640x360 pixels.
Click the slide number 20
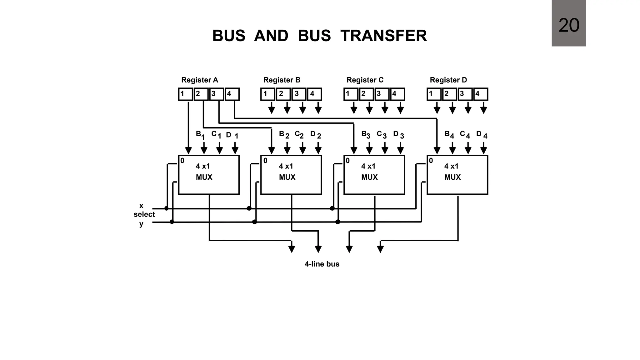[569, 25]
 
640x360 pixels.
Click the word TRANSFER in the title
[383, 36]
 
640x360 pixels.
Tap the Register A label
[200, 80]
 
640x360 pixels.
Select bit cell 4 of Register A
[232, 94]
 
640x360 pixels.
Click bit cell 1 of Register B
[267, 94]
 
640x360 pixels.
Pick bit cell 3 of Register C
[381, 94]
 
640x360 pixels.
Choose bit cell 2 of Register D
[449, 94]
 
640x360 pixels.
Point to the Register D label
[448, 80]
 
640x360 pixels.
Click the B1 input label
[200, 135]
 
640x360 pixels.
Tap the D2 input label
[315, 135]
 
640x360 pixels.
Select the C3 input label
[382, 135]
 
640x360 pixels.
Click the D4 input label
[482, 135]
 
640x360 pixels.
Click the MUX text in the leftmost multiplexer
[204, 177]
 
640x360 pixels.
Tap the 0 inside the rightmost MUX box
[431, 161]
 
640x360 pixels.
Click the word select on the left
[144, 214]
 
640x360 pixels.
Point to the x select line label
[141, 206]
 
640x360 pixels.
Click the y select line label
[141, 224]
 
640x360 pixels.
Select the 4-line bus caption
[322, 264]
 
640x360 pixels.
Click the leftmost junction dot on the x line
[166, 208]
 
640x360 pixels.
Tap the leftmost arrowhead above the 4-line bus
[292, 249]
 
